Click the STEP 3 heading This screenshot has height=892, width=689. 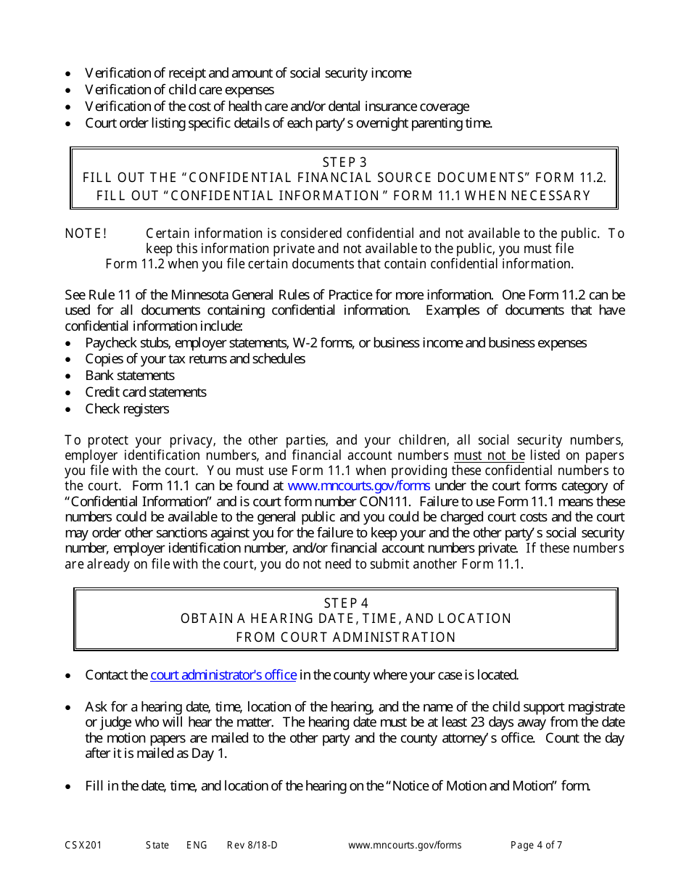pyautogui.click(x=344, y=162)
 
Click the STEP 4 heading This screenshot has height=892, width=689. pyautogui.click(x=346, y=603)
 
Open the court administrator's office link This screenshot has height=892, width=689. pyautogui.click(x=223, y=675)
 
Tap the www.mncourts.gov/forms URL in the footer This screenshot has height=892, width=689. pyautogui.click(x=405, y=845)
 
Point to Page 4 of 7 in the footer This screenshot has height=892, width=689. pyautogui.click(x=536, y=845)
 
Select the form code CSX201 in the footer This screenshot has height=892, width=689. pyautogui.click(x=83, y=845)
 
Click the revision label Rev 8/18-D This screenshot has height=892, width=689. pyautogui.click(x=252, y=845)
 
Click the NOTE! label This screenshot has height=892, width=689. pyautogui.click(x=86, y=234)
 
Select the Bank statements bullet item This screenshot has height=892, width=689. pyautogui.click(x=130, y=376)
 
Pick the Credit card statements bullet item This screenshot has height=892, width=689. pyautogui.click(x=146, y=392)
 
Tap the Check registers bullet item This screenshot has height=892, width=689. pyautogui.click(x=127, y=409)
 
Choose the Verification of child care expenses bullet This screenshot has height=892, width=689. pyautogui.click(x=179, y=90)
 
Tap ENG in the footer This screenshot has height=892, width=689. pyautogui.click(x=197, y=845)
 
